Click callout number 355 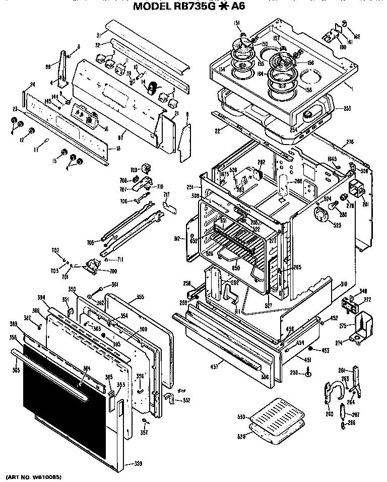[140, 297]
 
